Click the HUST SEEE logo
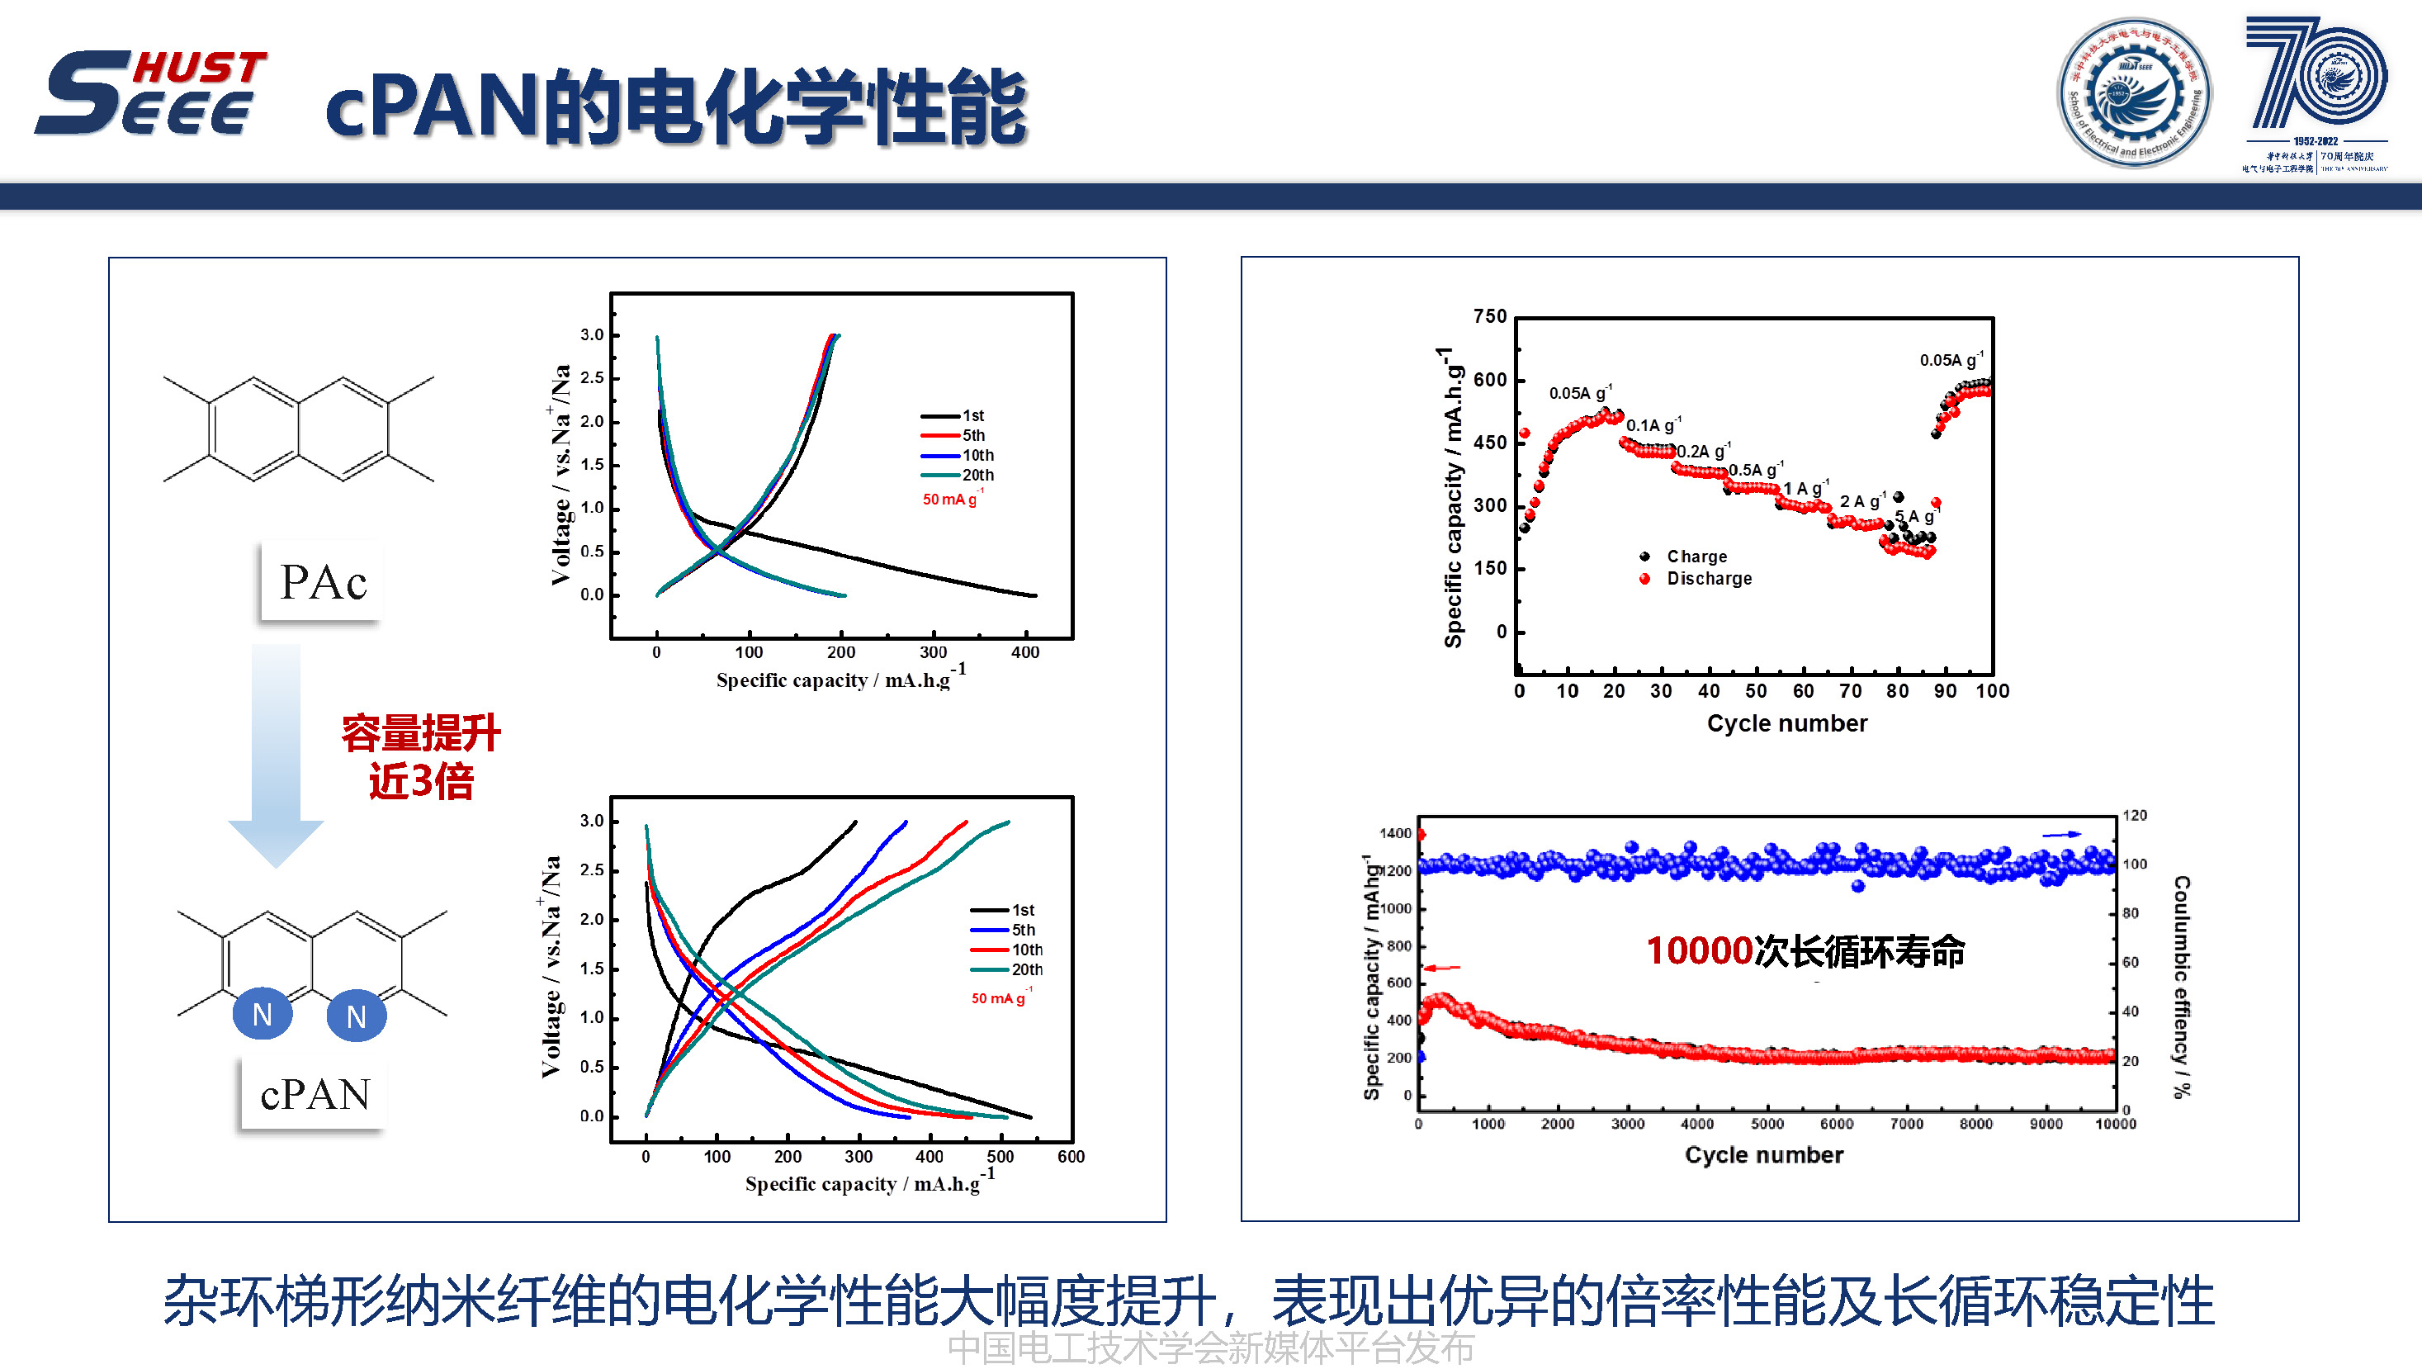pos(150,92)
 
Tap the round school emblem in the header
pos(2133,93)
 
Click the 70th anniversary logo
pos(2316,92)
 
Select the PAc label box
pos(322,582)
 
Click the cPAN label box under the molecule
pos(314,1093)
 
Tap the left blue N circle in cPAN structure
pos(263,1015)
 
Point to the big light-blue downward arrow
pos(276,752)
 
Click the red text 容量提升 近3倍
pos(420,757)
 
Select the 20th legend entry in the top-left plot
pos(959,475)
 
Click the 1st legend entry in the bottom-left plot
pos(1004,910)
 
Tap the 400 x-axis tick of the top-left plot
pos(1024,652)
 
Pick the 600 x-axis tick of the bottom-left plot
pos(1071,1158)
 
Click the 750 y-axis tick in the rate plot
pos(1489,317)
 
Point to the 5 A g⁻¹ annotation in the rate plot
pos(1915,516)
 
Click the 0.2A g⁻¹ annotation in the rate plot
pos(1702,452)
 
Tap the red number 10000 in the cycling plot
pos(1699,950)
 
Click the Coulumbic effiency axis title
pos(2181,987)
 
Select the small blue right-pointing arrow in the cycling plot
pos(2061,834)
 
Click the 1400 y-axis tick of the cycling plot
pos(1395,833)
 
